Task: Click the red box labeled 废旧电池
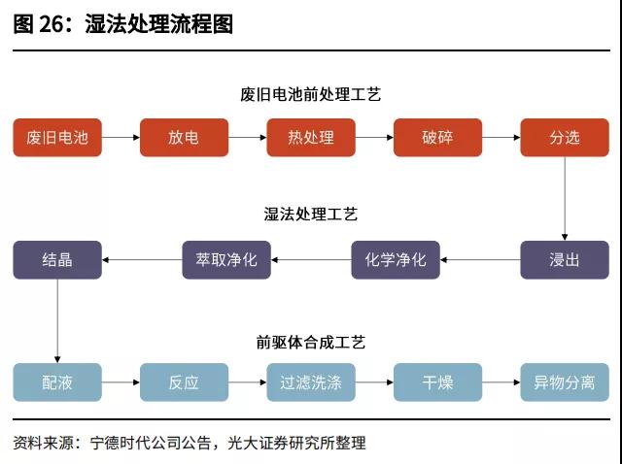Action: [x=56, y=138]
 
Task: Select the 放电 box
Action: [x=184, y=138]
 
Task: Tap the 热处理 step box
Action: [x=311, y=138]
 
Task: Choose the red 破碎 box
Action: [x=437, y=138]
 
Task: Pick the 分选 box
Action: [x=565, y=138]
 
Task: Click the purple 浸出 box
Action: [x=565, y=260]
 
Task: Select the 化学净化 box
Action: [x=396, y=260]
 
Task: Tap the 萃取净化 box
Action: [x=226, y=260]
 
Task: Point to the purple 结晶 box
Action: [x=56, y=260]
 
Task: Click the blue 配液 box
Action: [x=56, y=382]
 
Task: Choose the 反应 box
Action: [x=184, y=382]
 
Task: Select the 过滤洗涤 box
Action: [x=311, y=382]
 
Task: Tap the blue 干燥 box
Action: [x=437, y=382]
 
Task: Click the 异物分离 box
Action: [x=565, y=382]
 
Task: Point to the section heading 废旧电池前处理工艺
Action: [x=311, y=95]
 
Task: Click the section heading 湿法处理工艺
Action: [x=311, y=215]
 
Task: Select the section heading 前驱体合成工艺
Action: [x=311, y=342]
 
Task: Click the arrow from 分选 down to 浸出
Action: [x=565, y=198]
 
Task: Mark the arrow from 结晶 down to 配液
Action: [x=56, y=320]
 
